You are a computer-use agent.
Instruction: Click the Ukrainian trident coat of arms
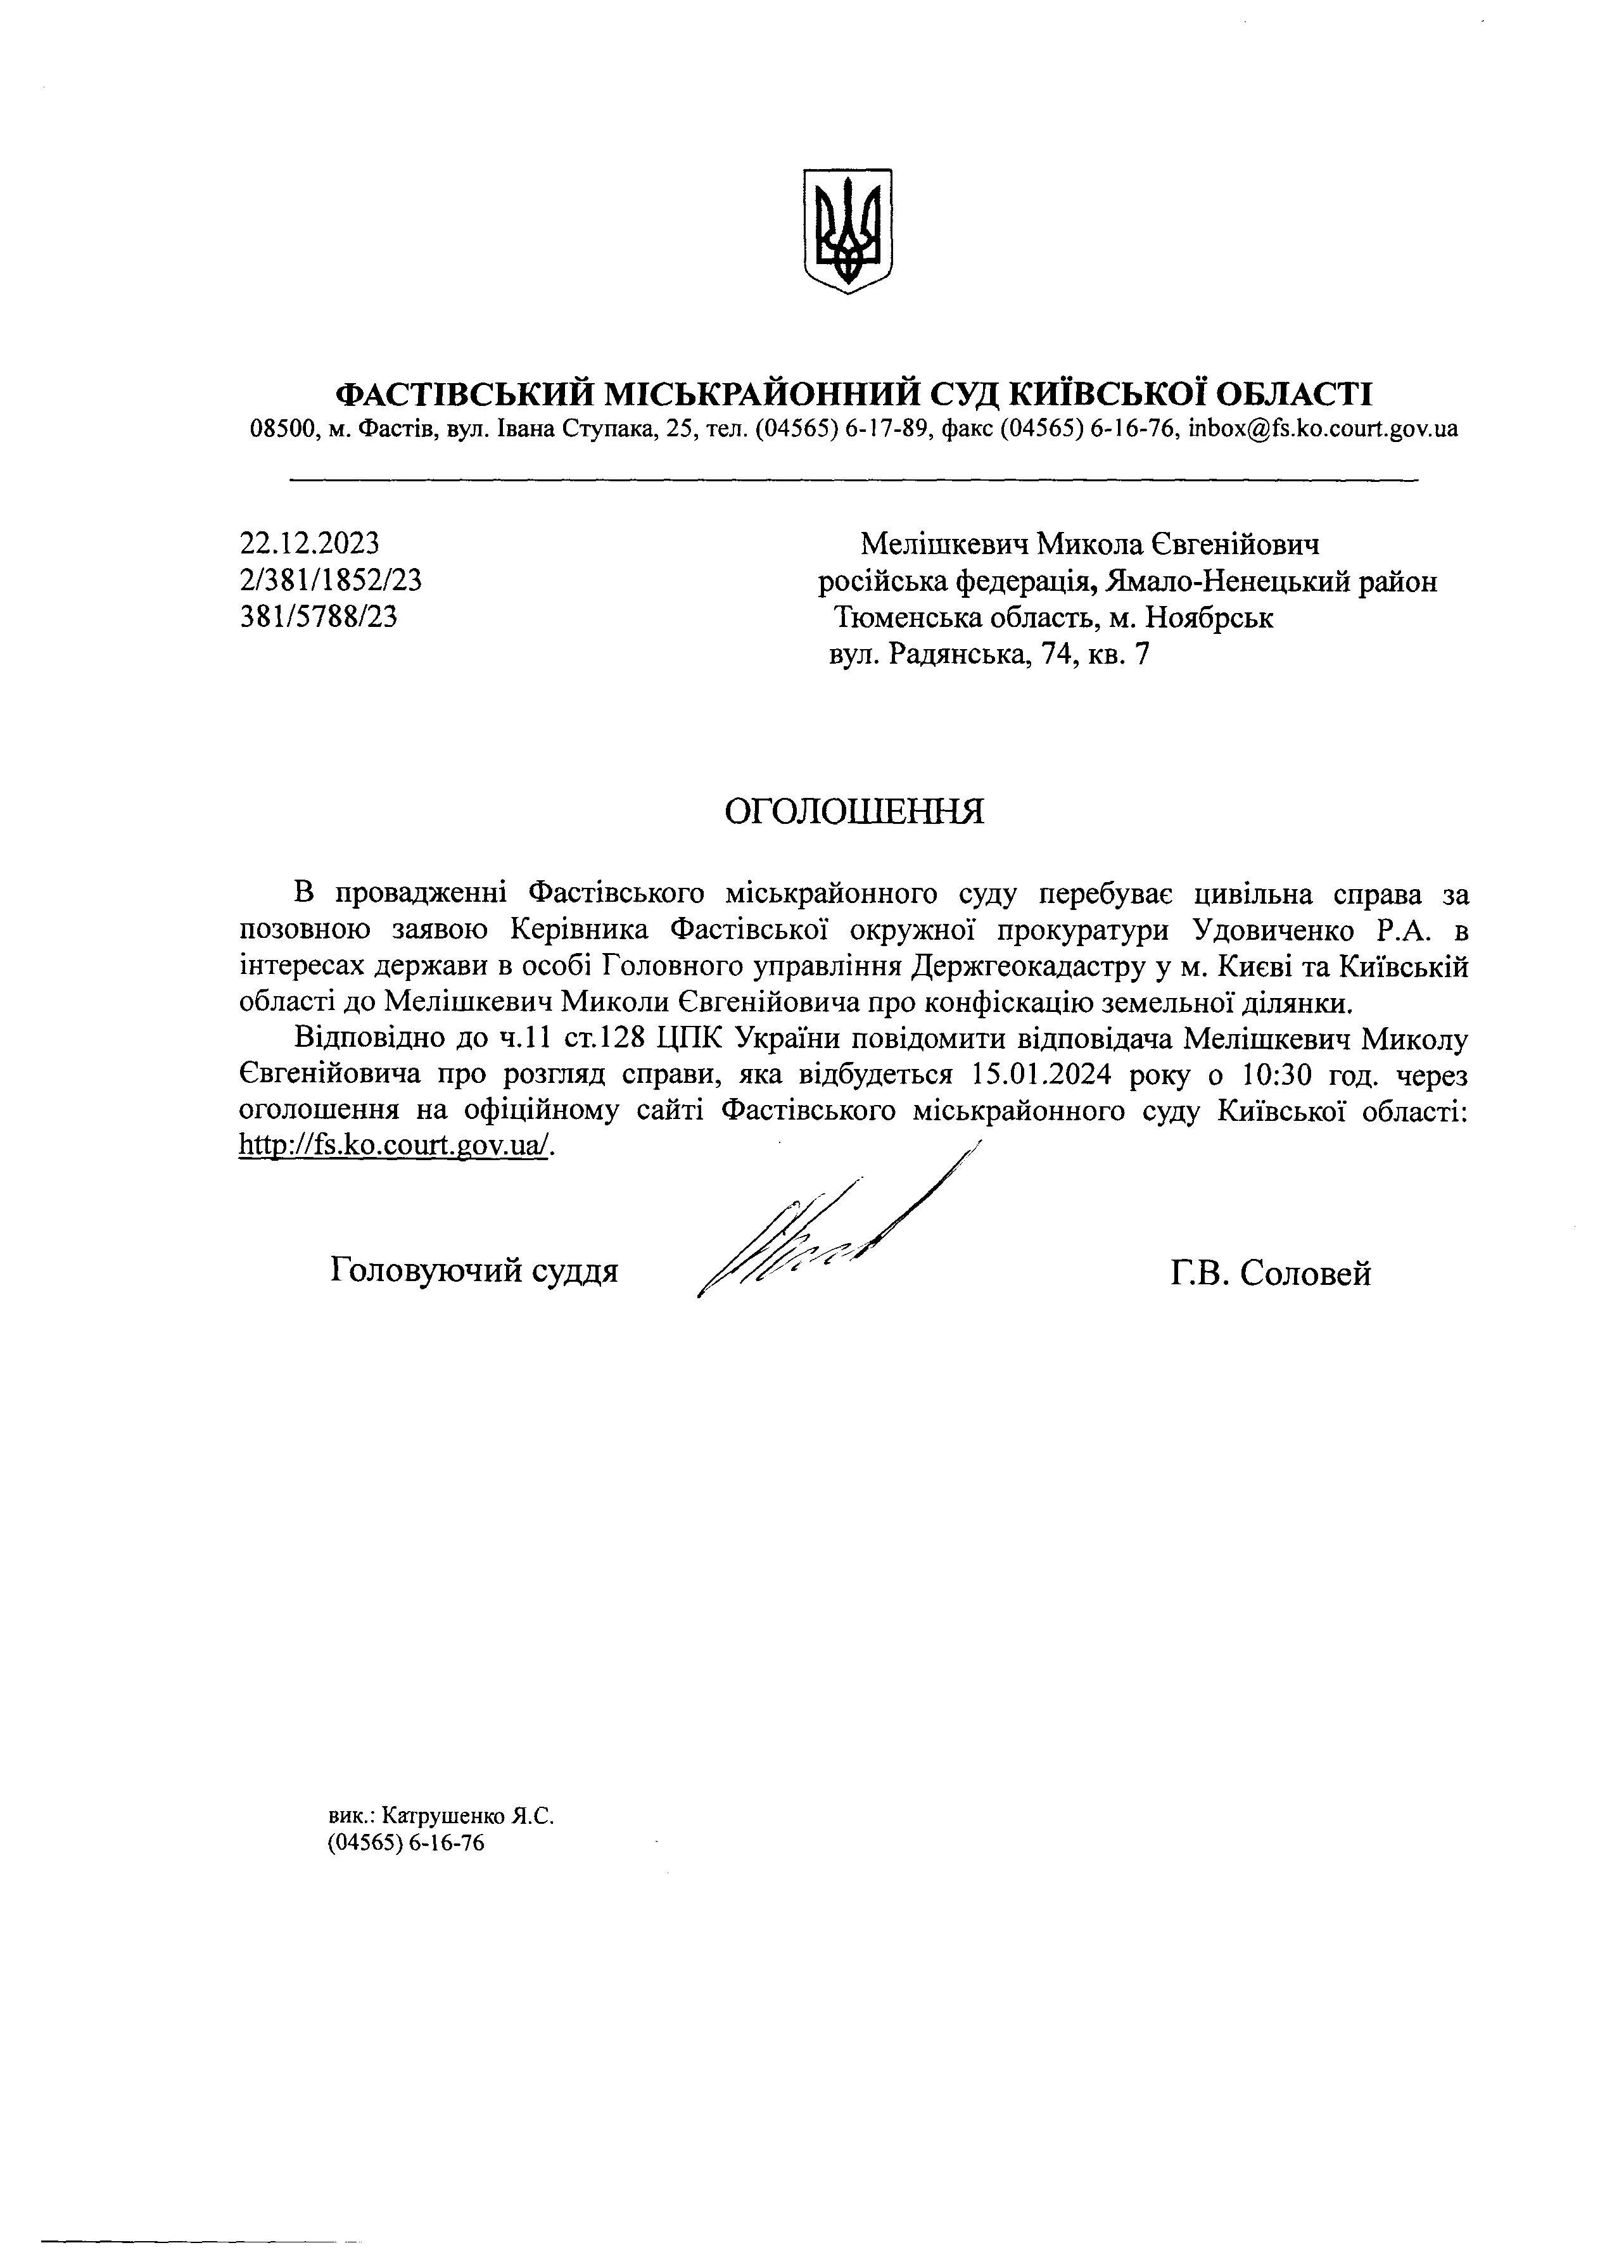tap(846, 230)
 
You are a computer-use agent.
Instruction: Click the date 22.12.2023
tap(310, 543)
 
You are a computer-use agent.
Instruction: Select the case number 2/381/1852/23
tap(331, 580)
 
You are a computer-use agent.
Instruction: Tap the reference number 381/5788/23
tap(319, 617)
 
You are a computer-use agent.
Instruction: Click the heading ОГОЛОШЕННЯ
tap(854, 811)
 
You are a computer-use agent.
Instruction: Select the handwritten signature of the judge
tap(823, 1230)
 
